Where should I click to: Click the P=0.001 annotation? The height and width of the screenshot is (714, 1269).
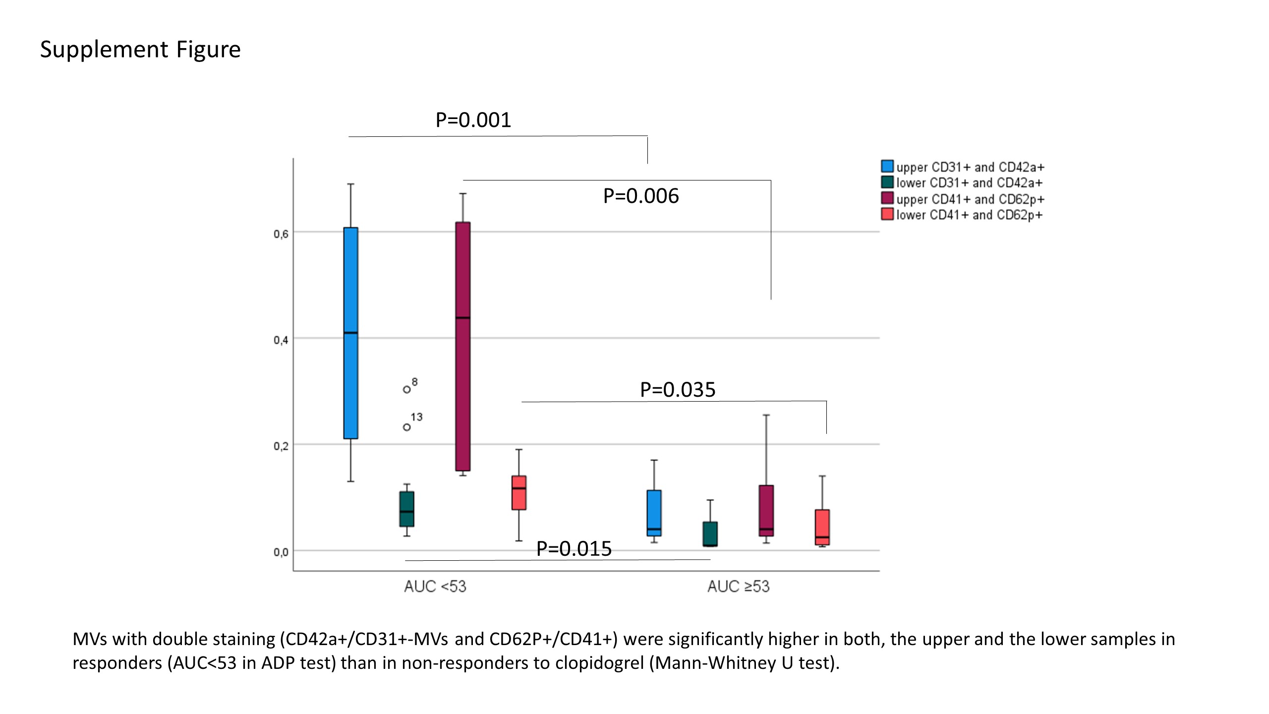(x=473, y=120)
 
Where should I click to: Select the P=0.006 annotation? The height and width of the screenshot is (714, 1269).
(x=640, y=196)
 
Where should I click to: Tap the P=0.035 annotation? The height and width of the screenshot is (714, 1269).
(x=678, y=390)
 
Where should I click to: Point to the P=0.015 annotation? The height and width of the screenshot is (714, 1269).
(x=574, y=549)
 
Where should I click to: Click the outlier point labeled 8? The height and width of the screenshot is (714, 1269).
(x=407, y=390)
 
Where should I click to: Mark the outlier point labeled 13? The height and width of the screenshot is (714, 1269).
(x=407, y=427)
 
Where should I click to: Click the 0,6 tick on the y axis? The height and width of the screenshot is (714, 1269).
(x=281, y=234)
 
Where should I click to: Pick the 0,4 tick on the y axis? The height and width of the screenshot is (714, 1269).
(x=281, y=340)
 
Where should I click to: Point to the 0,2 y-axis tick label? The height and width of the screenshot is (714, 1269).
(x=281, y=446)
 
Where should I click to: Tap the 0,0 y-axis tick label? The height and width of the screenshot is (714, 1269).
(x=281, y=552)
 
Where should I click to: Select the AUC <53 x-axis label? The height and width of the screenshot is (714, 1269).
(x=435, y=587)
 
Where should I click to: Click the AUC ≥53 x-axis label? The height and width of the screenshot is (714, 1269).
(x=738, y=587)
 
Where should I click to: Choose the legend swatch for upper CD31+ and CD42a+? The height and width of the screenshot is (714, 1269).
(x=887, y=166)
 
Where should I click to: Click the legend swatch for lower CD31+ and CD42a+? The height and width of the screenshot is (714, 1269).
(x=887, y=182)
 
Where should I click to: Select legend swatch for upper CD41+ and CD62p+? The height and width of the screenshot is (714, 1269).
(x=887, y=198)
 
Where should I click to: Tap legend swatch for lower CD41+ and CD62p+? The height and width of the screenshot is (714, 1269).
(x=887, y=214)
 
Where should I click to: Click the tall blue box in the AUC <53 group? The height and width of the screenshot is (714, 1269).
(x=351, y=333)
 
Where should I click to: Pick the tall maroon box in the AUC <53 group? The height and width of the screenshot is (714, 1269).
(x=463, y=346)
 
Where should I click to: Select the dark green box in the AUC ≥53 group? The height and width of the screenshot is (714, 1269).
(x=710, y=534)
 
